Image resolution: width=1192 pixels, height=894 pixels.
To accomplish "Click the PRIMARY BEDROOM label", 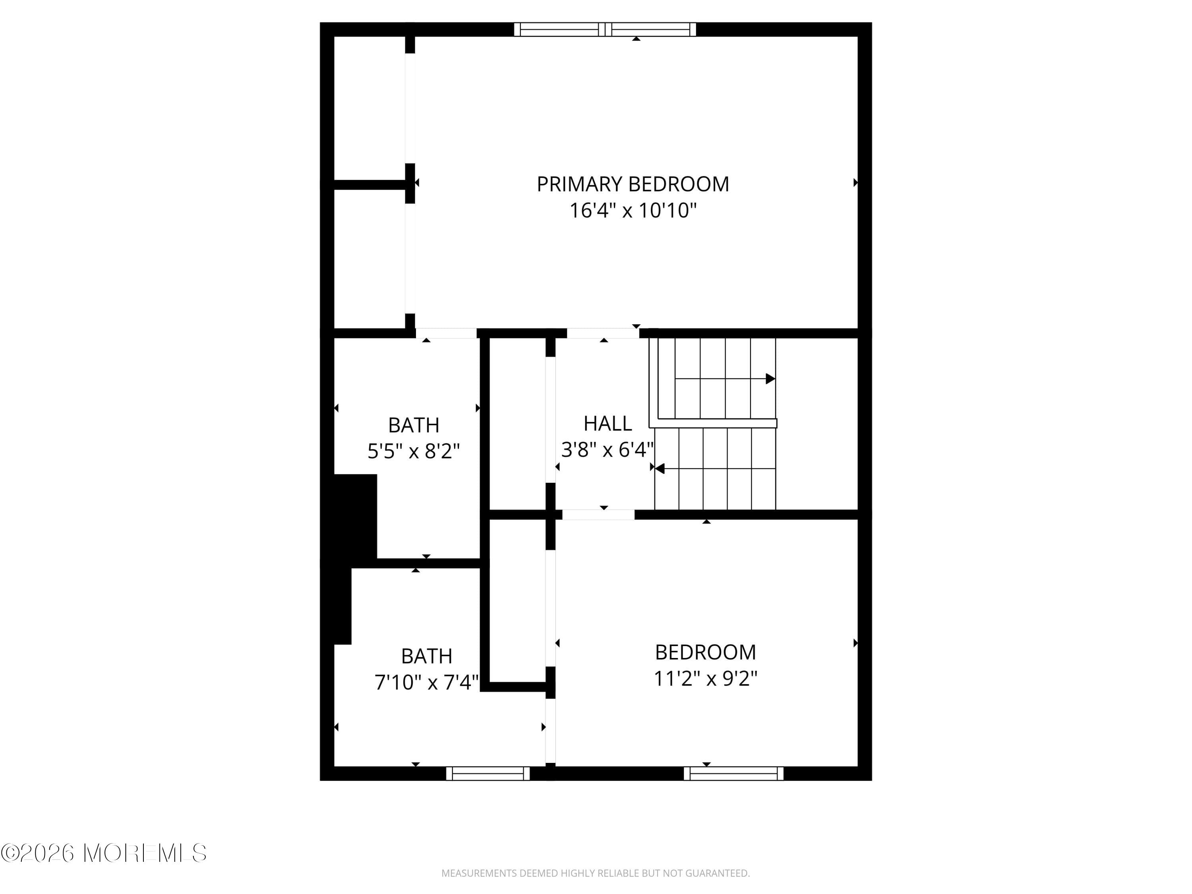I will click(633, 184).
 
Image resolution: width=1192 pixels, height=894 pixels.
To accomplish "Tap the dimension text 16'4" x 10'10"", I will click(633, 210).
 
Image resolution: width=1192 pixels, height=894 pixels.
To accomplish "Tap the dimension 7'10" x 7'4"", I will click(426, 682).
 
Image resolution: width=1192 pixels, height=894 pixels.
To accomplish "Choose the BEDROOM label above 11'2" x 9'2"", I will click(705, 652).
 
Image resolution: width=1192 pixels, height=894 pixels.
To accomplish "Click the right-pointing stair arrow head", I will click(770, 379).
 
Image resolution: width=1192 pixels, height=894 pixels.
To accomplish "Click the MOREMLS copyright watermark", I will click(103, 853).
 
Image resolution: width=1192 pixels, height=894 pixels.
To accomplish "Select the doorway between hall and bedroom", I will click(598, 515).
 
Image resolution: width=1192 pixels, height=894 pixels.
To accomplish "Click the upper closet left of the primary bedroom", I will click(369, 108).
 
